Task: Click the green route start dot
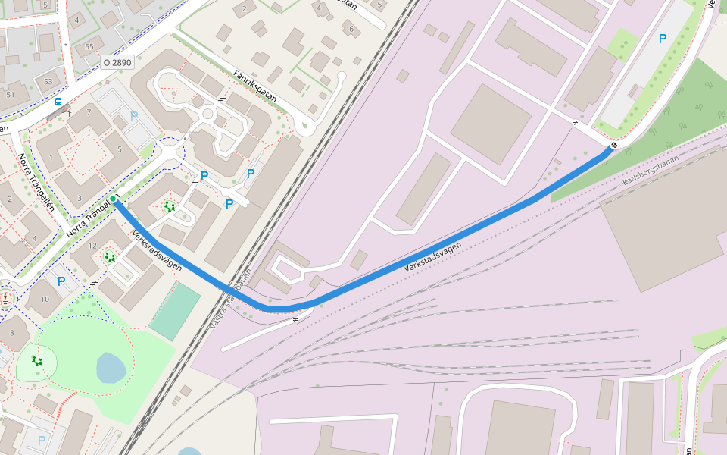tap(113, 199)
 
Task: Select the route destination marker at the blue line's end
tap(614, 146)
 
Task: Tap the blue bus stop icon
tap(58, 101)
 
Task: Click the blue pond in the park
tap(111, 368)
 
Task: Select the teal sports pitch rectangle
tap(174, 312)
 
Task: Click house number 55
tap(89, 47)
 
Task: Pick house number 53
tap(48, 81)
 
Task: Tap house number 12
tap(93, 245)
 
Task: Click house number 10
tap(45, 300)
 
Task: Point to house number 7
tap(89, 112)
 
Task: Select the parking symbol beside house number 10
tap(61, 281)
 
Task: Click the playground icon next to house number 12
tap(111, 257)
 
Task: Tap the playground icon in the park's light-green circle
tap(37, 361)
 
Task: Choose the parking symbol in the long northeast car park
tap(663, 38)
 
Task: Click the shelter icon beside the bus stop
tap(67, 114)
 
